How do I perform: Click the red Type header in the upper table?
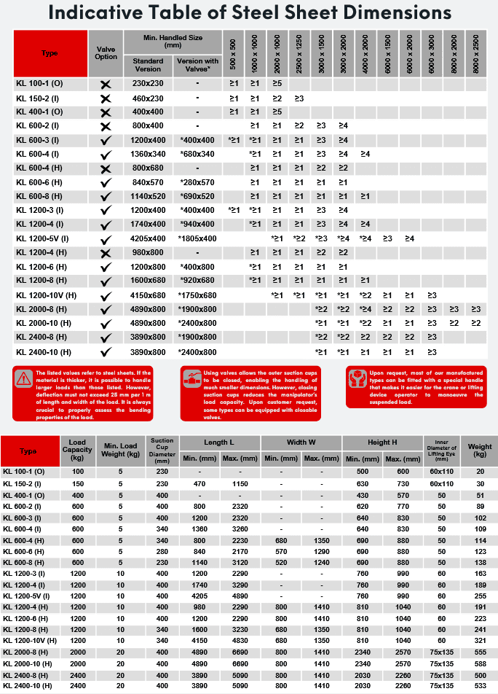pos(50,52)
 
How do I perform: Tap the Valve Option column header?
pos(106,52)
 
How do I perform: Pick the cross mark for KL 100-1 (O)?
pos(106,85)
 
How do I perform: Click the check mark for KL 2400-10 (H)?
pos(106,351)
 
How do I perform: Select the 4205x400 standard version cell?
pos(149,238)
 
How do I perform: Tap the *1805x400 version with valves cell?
pos(197,238)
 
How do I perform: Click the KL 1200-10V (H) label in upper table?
pos(46,295)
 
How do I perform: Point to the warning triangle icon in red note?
pos(25,378)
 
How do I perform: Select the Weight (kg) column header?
pos(480,451)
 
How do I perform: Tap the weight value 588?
pos(480,664)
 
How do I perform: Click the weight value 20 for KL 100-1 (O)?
pos(480,472)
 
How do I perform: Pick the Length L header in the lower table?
pos(219,442)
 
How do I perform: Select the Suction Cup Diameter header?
pos(161,451)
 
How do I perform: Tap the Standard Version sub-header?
pos(149,65)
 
